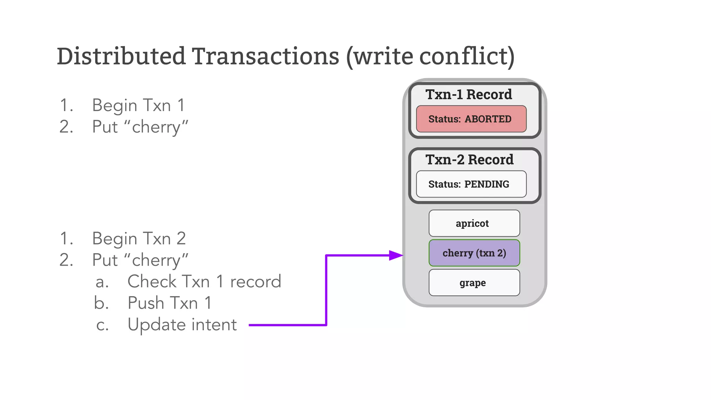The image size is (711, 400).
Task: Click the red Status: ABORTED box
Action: coord(471,119)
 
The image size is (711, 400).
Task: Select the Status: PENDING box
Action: coord(471,184)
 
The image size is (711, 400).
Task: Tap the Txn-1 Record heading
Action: coord(469,94)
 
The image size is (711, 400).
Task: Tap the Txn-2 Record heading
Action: coord(469,160)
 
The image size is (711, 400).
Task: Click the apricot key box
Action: coord(474,223)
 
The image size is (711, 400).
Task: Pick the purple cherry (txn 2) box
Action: coord(474,253)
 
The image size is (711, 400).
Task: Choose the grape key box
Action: coord(474,283)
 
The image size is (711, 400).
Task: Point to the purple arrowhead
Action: coord(396,256)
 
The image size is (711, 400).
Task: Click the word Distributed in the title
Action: coord(121,56)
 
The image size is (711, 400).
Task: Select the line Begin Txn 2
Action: coord(139,239)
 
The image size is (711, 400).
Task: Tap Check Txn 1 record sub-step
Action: coord(204,282)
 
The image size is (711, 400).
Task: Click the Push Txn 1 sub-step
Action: coord(169,303)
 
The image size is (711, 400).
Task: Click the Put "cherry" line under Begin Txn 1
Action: coord(140,127)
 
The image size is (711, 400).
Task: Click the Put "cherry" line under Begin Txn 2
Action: coord(140,260)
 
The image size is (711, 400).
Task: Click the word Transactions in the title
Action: coord(266,56)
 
